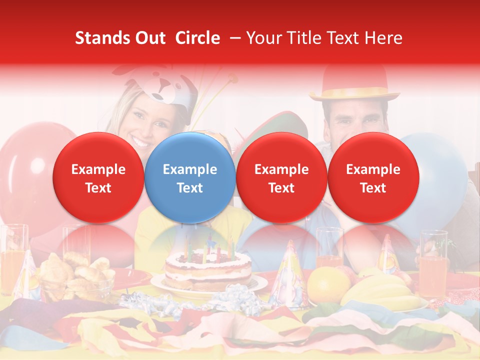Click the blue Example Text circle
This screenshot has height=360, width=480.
[x=189, y=178]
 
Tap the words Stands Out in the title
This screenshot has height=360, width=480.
[x=120, y=38]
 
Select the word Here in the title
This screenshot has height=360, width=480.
[x=383, y=38]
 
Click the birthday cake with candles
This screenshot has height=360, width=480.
[x=208, y=270]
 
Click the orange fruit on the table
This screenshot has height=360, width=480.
[x=328, y=285]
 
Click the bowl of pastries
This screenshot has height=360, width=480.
[x=75, y=277]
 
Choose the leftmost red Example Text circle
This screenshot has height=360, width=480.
[x=98, y=178]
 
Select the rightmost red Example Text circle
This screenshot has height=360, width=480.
[x=373, y=178]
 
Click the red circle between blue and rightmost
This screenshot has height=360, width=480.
[x=281, y=178]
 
